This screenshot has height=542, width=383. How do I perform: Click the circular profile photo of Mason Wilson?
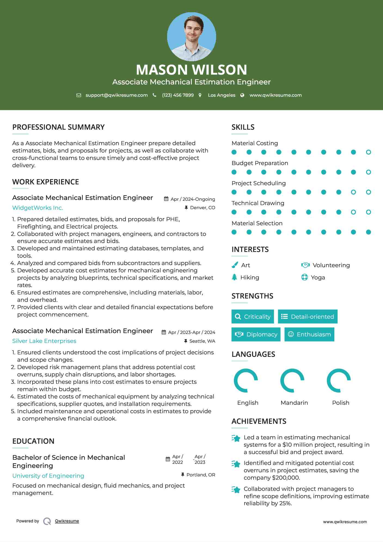pos(191,36)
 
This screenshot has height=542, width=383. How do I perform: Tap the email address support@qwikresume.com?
pos(117,95)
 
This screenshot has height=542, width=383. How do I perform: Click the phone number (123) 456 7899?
pos(178,95)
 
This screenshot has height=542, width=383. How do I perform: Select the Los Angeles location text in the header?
pos(221,95)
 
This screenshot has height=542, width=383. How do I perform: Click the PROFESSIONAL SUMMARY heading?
pos(58,127)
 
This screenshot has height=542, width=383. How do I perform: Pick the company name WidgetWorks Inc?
pos(38,208)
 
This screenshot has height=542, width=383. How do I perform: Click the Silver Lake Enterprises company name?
pos(44,341)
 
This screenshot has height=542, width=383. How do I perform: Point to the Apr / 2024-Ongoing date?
pos(192,199)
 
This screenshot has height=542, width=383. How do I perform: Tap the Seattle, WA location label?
pos(202,341)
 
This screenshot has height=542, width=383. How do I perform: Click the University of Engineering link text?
pos(48,476)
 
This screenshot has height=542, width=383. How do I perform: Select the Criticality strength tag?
pos(253,316)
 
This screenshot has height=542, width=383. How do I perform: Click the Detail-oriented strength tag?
pos(308,316)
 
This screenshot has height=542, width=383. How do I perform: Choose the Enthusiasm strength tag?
pos(309,334)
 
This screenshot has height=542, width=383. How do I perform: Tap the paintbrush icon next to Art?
pos(235,265)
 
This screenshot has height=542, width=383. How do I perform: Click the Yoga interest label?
pos(318,278)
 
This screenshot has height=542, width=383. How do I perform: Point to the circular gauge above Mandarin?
pos(292,380)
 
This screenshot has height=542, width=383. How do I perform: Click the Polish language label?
pos(341,403)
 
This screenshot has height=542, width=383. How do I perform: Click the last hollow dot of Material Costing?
pos(368,152)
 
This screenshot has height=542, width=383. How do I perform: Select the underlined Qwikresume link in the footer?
pos(67,521)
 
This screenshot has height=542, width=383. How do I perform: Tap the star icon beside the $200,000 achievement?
pos(236,464)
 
